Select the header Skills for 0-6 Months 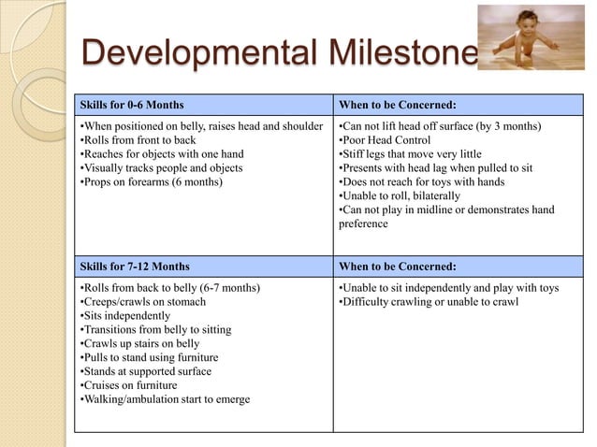(131, 104)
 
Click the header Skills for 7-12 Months (134, 266)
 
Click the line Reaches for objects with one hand (150, 153)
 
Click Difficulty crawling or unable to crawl (431, 301)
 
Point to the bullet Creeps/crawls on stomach (140, 301)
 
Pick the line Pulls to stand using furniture (150, 357)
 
